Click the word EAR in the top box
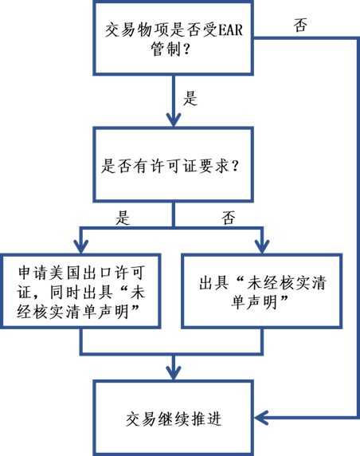click(229, 30)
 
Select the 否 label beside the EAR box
click(300, 25)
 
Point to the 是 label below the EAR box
click(190, 98)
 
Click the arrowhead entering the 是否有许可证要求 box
click(174, 120)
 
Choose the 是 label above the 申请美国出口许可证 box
click(123, 218)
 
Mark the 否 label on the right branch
click(228, 218)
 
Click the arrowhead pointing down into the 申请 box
click(81, 246)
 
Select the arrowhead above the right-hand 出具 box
click(262, 246)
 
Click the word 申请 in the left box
click(32, 273)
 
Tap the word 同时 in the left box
click(65, 292)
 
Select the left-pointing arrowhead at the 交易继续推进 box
click(261, 418)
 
